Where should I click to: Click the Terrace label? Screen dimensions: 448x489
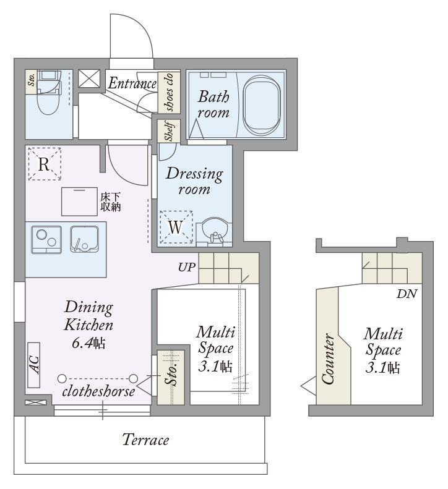point(145,440)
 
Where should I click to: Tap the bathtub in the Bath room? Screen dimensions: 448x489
point(262,105)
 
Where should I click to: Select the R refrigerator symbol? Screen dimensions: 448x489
point(45,164)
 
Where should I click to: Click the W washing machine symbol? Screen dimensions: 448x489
point(176,227)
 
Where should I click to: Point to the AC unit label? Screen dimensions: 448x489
point(33,365)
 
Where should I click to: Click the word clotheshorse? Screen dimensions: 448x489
point(98,391)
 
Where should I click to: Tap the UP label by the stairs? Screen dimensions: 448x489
point(187,267)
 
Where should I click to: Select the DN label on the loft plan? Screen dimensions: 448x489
point(407,294)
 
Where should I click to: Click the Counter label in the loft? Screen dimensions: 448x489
point(328,359)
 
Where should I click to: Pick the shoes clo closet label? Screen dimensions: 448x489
point(170,92)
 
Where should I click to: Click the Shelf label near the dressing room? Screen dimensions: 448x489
point(169,130)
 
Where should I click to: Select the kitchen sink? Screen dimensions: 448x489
point(85,239)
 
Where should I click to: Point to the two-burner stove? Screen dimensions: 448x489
point(46,239)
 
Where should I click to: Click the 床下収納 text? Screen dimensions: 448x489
point(110,202)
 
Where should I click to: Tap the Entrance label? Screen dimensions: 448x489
point(132,83)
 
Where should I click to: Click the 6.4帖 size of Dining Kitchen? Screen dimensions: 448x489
point(88,343)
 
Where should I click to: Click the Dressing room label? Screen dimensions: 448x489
point(194,181)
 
